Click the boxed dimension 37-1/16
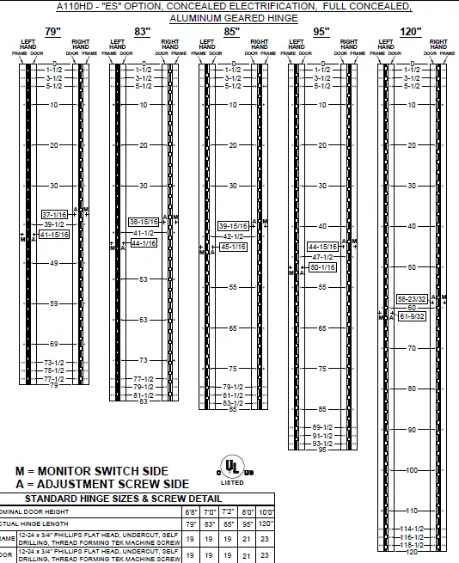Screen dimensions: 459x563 54,214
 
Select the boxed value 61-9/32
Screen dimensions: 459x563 413,316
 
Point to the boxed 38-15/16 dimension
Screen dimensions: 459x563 144,222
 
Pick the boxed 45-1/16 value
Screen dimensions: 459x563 233,247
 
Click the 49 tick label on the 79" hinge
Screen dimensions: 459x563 54,262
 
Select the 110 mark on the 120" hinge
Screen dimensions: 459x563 412,511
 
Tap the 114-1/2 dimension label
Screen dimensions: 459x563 413,529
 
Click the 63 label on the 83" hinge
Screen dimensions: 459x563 144,319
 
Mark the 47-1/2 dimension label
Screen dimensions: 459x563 321,256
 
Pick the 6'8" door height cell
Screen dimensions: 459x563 191,511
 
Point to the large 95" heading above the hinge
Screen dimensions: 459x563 321,31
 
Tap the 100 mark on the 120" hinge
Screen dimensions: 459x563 412,470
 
